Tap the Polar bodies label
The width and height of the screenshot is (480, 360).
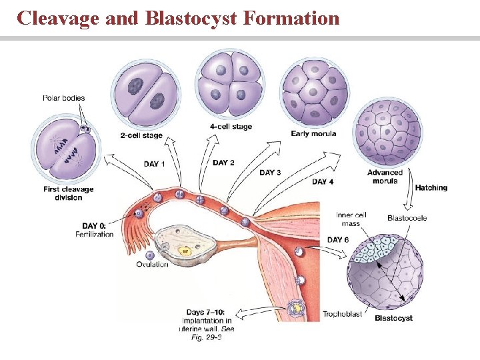(x=64, y=99)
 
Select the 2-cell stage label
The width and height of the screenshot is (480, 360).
(x=141, y=136)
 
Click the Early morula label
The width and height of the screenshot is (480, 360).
(x=313, y=133)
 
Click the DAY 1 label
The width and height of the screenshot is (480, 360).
(x=155, y=164)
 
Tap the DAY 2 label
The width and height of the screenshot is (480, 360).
(x=223, y=163)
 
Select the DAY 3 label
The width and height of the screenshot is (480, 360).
(x=270, y=173)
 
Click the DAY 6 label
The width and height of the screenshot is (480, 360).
(x=338, y=240)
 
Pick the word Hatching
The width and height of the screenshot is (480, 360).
(x=431, y=188)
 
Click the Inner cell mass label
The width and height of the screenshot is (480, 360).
(x=351, y=219)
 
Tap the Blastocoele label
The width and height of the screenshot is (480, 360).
(x=407, y=218)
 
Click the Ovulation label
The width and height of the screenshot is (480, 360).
(x=152, y=264)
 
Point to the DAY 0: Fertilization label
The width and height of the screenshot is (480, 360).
(x=94, y=230)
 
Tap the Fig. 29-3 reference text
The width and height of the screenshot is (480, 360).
(x=206, y=337)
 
